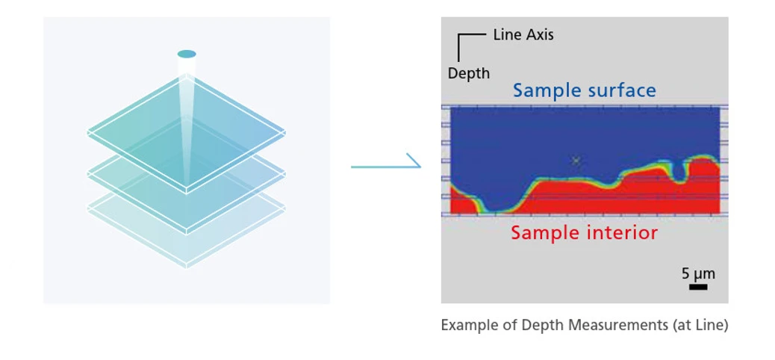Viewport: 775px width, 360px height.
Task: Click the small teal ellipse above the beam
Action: [x=187, y=54]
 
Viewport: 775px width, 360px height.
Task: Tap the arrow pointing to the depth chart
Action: [x=385, y=165]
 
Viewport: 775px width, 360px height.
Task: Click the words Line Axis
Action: [x=523, y=34]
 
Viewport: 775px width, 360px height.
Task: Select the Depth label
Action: [x=469, y=73]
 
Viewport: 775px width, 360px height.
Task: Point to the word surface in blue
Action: [x=621, y=90]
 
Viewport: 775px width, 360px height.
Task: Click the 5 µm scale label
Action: [x=698, y=273]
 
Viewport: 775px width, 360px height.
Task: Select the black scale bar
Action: [x=698, y=286]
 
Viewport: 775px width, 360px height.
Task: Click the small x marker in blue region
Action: [x=576, y=161]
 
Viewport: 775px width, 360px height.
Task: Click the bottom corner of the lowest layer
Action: [x=187, y=267]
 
